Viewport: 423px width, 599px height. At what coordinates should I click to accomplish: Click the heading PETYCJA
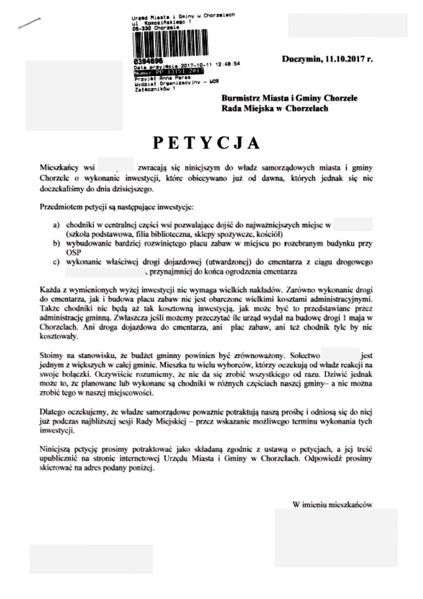(206, 143)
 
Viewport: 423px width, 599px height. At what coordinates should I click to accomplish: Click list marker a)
(56, 226)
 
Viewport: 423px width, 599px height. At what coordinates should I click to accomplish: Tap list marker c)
(56, 262)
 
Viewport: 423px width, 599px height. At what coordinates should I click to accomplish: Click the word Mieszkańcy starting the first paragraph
(59, 168)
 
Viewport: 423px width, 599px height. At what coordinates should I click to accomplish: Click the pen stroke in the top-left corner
(29, 23)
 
